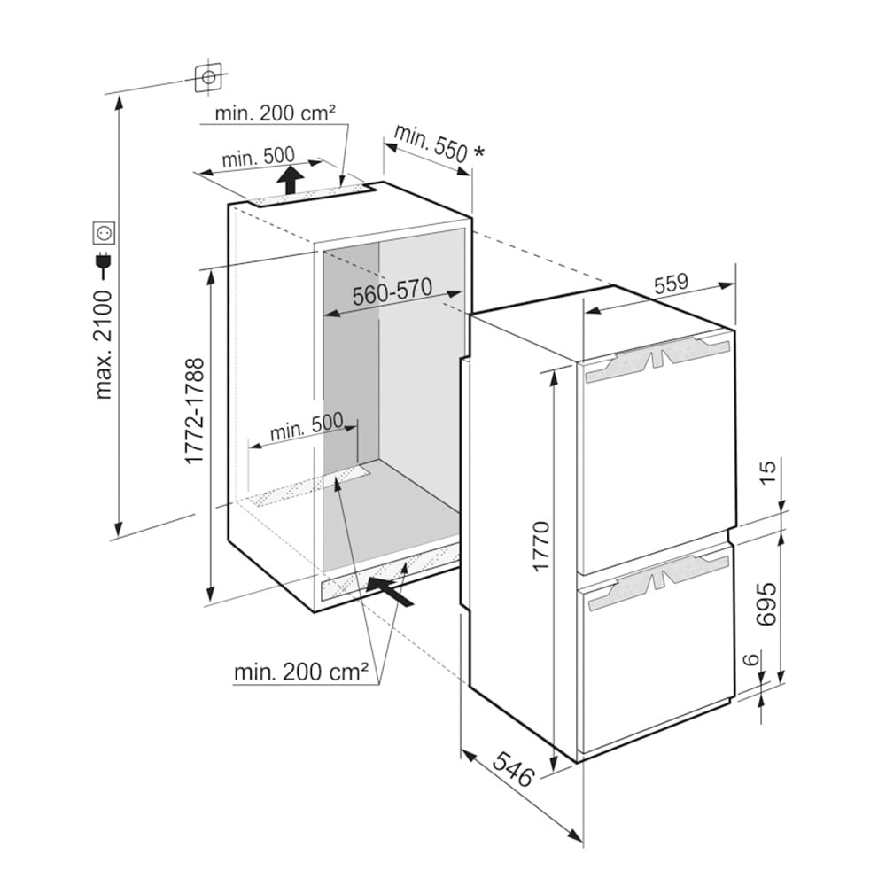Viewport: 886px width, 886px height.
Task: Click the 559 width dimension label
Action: point(671,284)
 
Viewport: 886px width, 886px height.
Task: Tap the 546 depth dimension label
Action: point(513,769)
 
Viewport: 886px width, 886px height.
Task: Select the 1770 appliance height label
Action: point(540,546)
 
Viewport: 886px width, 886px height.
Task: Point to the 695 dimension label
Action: point(766,603)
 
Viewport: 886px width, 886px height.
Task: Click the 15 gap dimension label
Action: point(768,472)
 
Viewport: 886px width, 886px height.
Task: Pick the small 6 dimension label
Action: point(750,659)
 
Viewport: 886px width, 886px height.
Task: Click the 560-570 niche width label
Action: point(392,292)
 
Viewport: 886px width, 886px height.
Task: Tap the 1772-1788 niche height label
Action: point(195,411)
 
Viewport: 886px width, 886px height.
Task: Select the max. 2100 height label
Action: point(105,346)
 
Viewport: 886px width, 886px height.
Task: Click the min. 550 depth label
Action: point(431,143)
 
